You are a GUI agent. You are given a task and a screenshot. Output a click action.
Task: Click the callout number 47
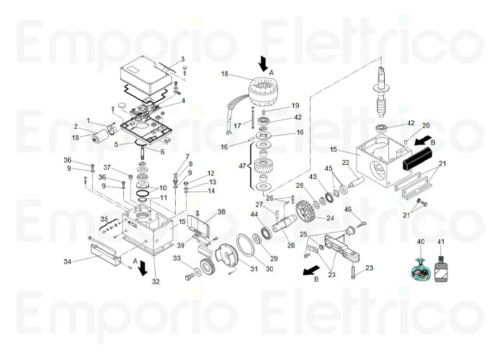[x=242, y=166]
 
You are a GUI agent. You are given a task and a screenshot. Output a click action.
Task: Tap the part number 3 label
[x=182, y=59]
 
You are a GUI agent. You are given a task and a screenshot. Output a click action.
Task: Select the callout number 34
[x=67, y=261]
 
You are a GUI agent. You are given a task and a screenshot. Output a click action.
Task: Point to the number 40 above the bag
[x=421, y=242]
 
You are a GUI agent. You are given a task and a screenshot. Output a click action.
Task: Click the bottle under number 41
[x=441, y=271]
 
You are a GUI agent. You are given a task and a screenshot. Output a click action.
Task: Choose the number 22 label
[x=346, y=162]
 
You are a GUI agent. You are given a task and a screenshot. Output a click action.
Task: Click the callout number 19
[x=295, y=106]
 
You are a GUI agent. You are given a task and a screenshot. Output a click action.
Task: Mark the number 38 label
[x=221, y=212]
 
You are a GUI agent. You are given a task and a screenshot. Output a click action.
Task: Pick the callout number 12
[x=211, y=174]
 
